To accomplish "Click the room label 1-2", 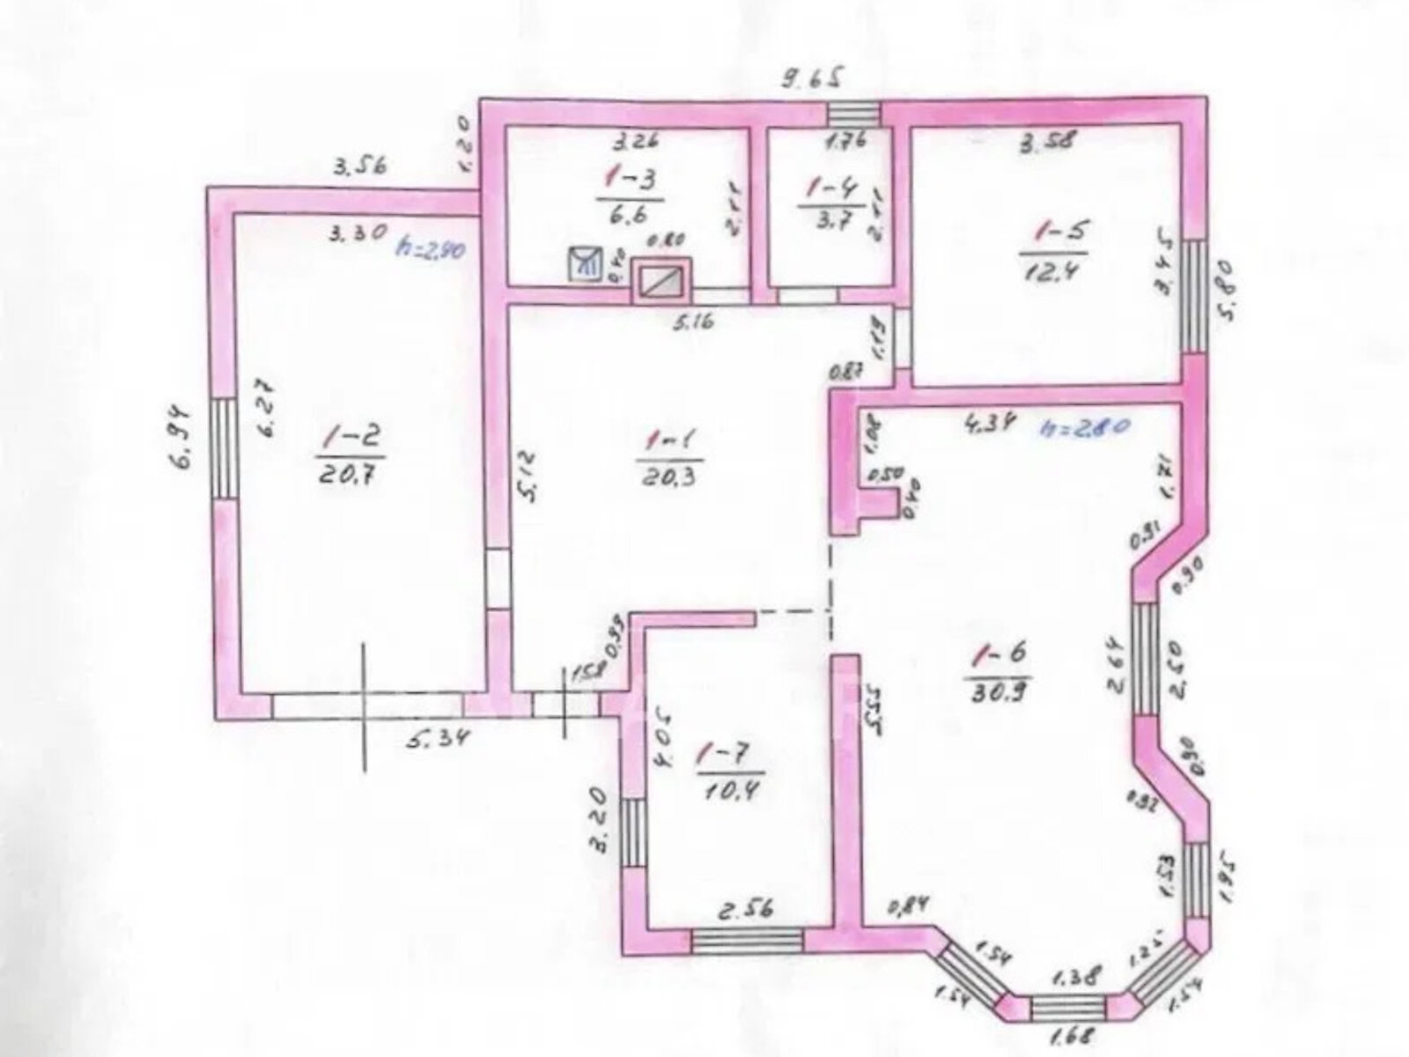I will pos(350,433).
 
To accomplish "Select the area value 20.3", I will pos(669,477).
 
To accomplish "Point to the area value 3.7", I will pos(826,223).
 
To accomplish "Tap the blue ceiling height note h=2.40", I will pos(431,249).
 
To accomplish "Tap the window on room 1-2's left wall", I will pos(224,448).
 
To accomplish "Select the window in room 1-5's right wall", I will pos(1193,295).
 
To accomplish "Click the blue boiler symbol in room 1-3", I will pos(585,262).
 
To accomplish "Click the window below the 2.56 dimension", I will pos(746,940).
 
